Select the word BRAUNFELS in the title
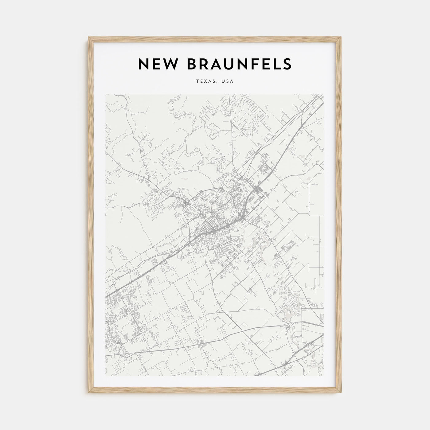(x=235, y=64)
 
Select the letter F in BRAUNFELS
(x=248, y=64)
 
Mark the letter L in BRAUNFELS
(x=274, y=64)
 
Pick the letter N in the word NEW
(x=143, y=64)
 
